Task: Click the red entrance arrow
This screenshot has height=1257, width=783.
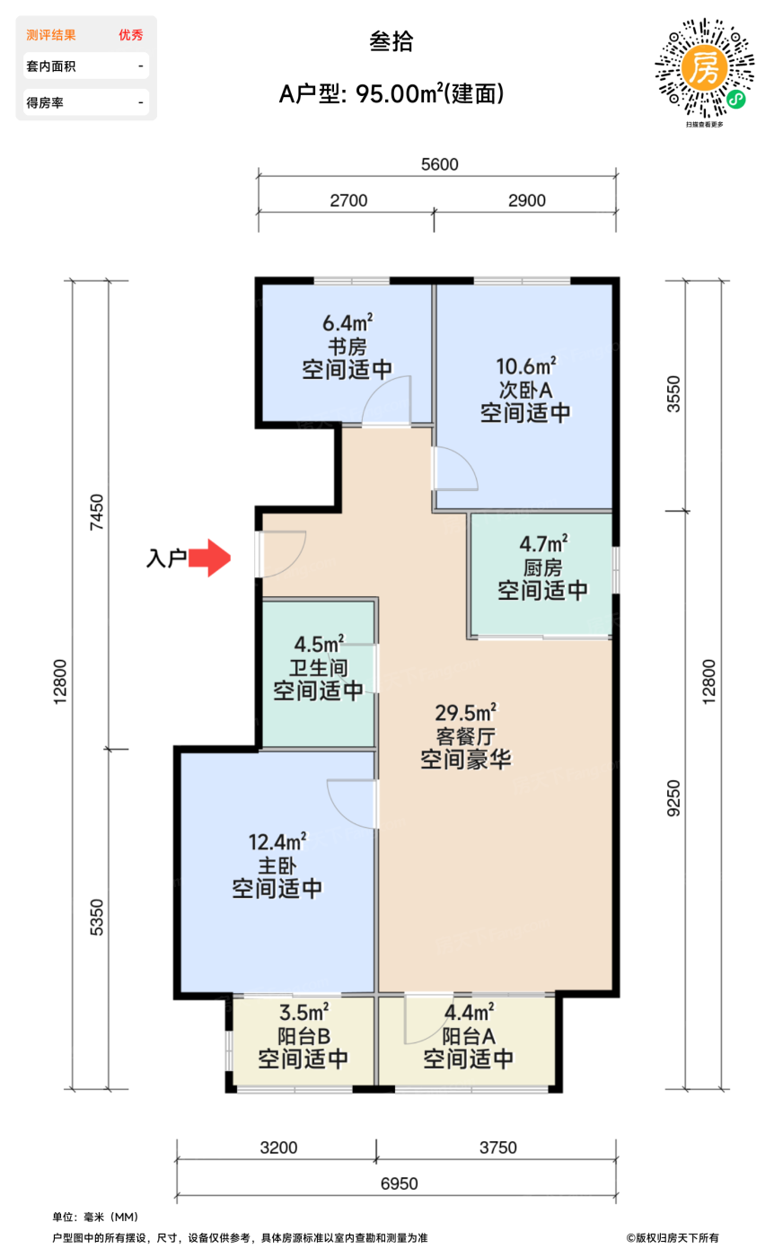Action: tap(209, 558)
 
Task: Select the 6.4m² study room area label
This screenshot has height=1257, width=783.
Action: tap(348, 323)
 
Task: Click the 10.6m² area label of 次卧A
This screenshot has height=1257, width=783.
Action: tap(526, 366)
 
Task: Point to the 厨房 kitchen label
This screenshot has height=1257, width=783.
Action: tap(542, 567)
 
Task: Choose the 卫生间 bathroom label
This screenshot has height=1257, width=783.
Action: tap(318, 668)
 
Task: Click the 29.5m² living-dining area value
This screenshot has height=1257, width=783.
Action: tap(466, 713)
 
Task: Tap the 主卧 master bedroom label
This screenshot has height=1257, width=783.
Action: tap(277, 866)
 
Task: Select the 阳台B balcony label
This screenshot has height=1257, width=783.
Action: tap(304, 1036)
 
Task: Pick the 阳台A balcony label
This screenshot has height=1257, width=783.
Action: tap(469, 1036)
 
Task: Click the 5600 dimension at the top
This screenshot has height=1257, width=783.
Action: tap(439, 164)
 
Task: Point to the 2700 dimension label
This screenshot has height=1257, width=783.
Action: tap(348, 200)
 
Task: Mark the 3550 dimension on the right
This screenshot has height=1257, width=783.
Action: tap(673, 394)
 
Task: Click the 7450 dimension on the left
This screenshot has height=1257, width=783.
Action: tap(97, 512)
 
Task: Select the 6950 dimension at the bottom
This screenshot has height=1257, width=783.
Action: tap(399, 1183)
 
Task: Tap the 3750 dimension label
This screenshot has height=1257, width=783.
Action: tap(497, 1147)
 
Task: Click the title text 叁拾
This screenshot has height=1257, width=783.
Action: tap(391, 41)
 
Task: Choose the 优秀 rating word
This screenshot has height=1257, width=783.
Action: tap(131, 35)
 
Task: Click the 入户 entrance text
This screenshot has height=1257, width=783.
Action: tap(166, 558)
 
